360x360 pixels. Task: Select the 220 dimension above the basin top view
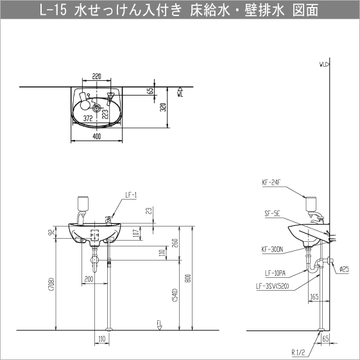(x=96, y=76)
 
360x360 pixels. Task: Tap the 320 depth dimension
(x=164, y=107)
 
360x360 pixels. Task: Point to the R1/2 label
(x=300, y=352)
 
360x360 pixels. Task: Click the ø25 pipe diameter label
(x=344, y=269)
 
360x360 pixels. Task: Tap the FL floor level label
(x=159, y=323)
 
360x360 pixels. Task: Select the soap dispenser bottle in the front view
(x=81, y=203)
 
